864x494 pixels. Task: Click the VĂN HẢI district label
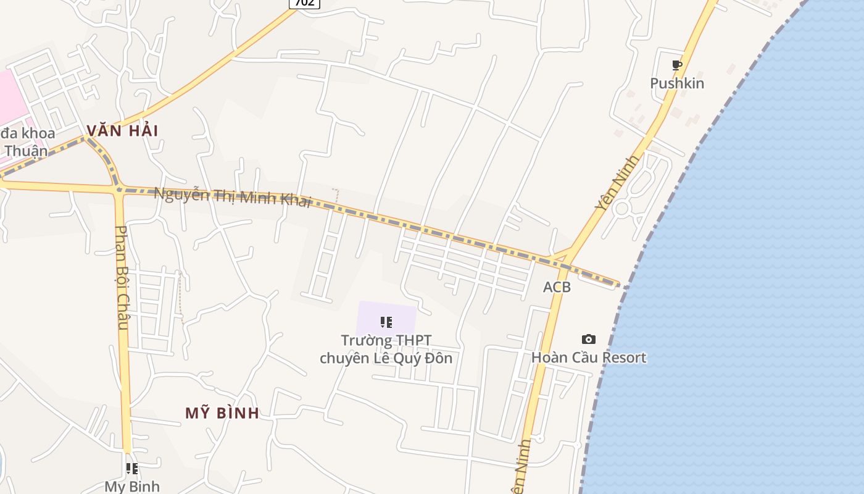[122, 131]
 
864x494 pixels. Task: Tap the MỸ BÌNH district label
[222, 413]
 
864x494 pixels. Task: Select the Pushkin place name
[677, 83]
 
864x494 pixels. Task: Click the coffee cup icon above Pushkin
[677, 65]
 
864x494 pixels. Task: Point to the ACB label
[557, 287]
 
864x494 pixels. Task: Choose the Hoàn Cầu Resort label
[589, 358]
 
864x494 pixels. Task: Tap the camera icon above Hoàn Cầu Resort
[589, 339]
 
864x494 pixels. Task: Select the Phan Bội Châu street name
[122, 278]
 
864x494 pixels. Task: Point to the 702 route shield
[304, 3]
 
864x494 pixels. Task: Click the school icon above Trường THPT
[386, 322]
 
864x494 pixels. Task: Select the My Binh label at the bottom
[132, 487]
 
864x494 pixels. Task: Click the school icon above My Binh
[131, 469]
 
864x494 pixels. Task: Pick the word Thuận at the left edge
[25, 151]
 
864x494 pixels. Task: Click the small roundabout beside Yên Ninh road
[621, 209]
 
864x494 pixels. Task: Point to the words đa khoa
[28, 133]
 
